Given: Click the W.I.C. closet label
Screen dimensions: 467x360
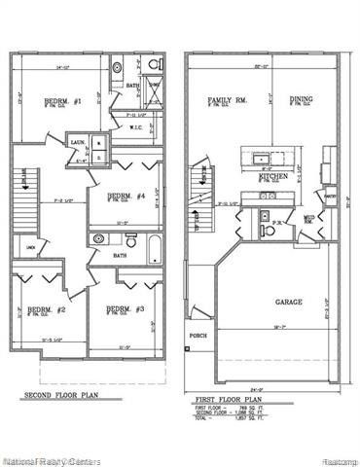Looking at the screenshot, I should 137,126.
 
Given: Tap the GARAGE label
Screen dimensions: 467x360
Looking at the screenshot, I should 288,302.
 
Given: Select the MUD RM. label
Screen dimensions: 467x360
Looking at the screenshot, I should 308,220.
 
